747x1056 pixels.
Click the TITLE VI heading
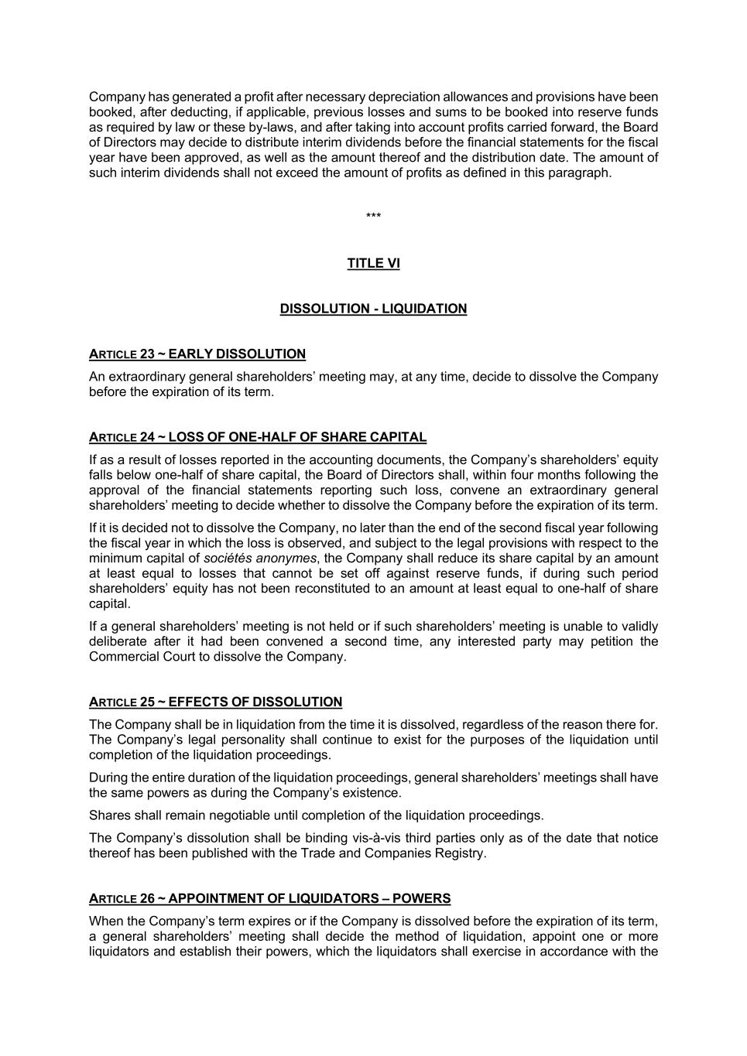pos(373,264)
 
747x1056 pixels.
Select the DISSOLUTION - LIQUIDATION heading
pos(373,309)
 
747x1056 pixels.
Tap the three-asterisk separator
pos(373,217)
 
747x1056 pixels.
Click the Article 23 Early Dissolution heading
pos(197,354)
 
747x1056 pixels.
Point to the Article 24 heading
pos(258,437)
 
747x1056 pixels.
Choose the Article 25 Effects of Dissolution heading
pos(215,702)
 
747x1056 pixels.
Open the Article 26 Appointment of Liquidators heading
pos(269,899)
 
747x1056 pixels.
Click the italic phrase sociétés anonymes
pos(260,559)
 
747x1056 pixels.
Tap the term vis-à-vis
pos(444,839)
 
